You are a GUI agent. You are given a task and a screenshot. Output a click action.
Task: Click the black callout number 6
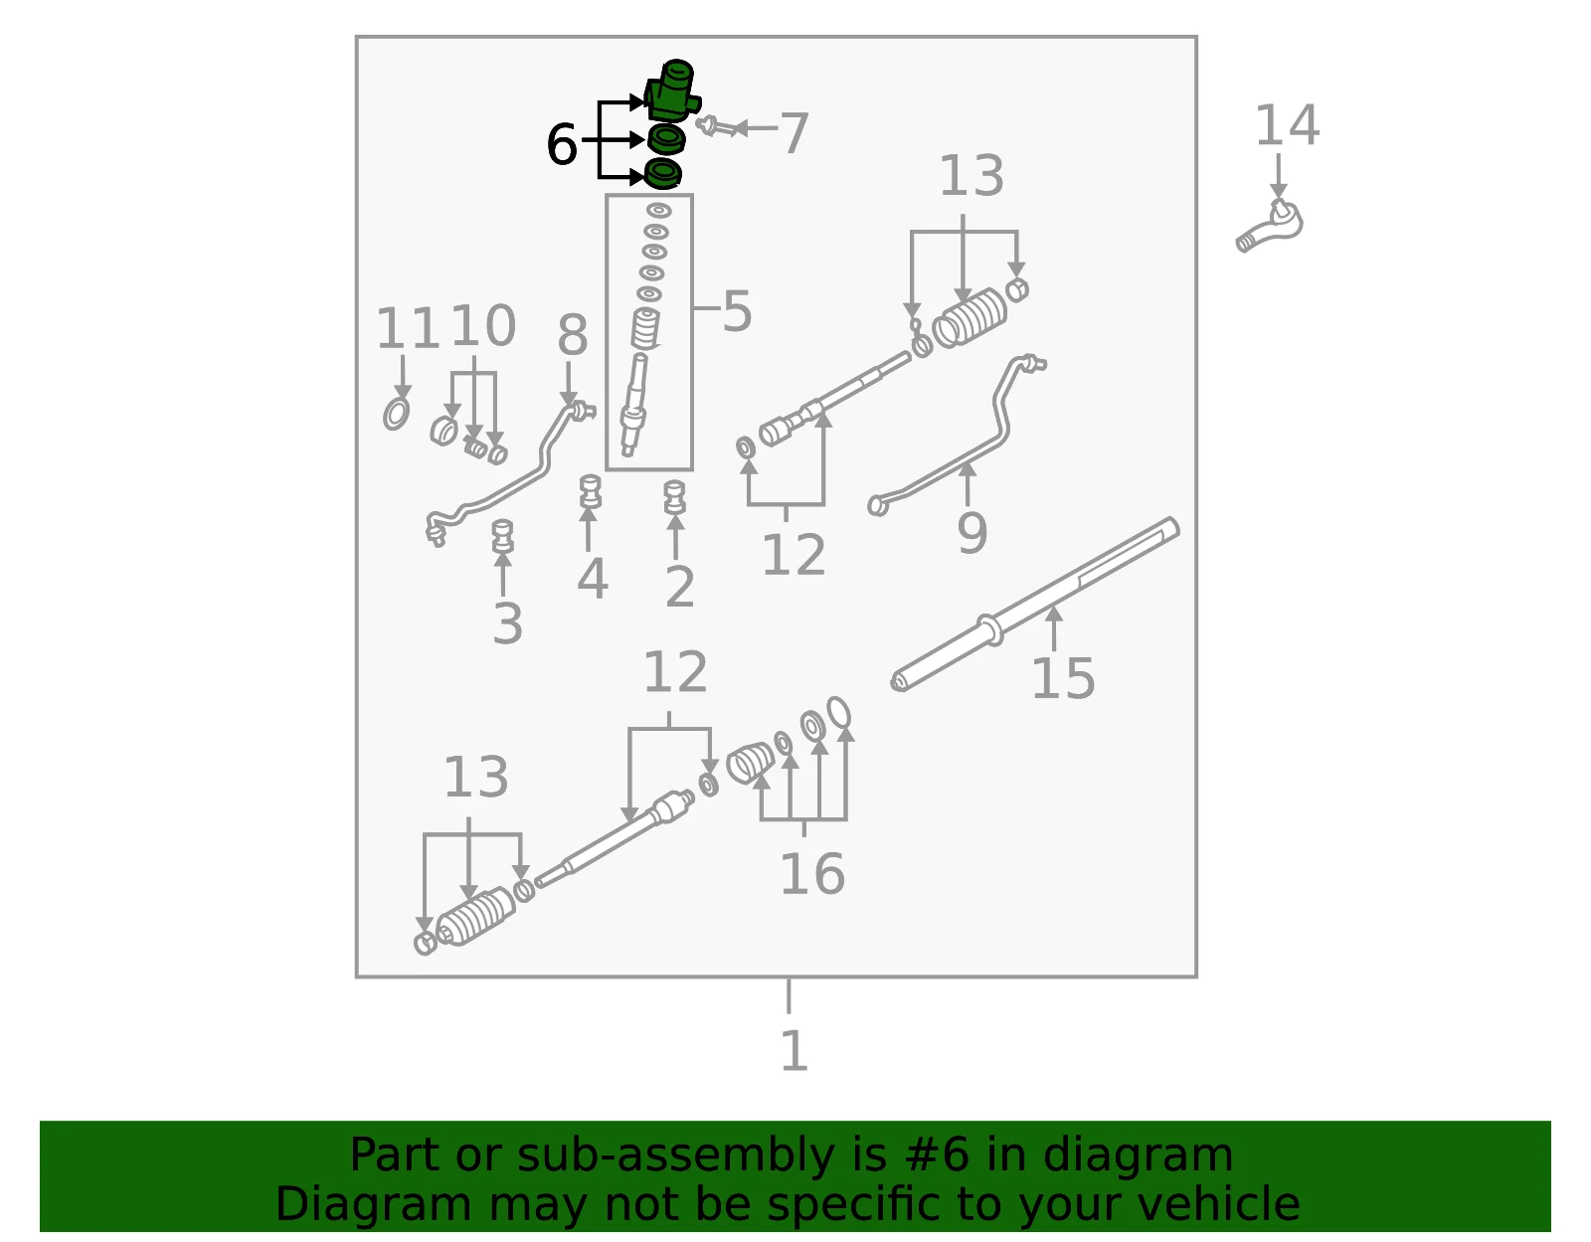[562, 144]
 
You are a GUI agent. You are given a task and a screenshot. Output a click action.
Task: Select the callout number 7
[795, 133]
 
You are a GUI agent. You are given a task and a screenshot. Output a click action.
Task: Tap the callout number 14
[1287, 125]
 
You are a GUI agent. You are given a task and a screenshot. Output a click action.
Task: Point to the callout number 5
[737, 311]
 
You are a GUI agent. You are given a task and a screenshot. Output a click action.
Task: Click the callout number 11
[408, 328]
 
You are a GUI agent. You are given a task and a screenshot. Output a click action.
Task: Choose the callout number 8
[573, 335]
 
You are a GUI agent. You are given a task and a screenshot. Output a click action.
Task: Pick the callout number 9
[972, 534]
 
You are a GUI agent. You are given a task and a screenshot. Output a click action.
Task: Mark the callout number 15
[1063, 678]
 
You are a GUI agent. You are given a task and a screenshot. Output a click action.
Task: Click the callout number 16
[812, 874]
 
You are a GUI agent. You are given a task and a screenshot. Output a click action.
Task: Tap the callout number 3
[508, 623]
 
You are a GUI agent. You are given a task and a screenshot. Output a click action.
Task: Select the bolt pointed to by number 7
[716, 127]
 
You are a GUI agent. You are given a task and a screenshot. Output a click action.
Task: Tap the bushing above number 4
[590, 491]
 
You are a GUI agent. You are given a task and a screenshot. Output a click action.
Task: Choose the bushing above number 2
[674, 497]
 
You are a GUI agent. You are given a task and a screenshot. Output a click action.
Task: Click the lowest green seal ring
[662, 174]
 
